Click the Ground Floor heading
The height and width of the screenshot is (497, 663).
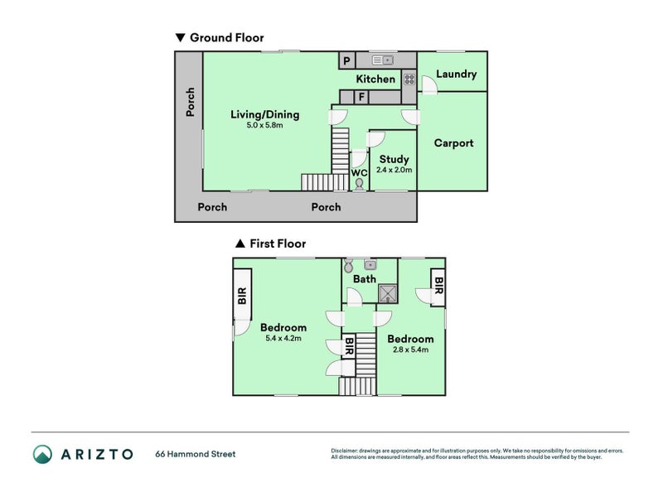[226, 37]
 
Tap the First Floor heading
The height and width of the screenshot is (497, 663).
[278, 244]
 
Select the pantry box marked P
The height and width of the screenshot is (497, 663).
[346, 60]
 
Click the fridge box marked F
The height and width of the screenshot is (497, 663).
[361, 97]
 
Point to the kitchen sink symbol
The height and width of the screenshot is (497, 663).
[383, 60]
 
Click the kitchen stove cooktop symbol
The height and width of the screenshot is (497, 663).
[409, 79]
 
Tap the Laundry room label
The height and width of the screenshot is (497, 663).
[457, 75]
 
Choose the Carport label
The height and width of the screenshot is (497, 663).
[453, 142]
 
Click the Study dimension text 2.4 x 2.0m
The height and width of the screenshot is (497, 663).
[394, 170]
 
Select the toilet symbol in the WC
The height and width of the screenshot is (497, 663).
[359, 184]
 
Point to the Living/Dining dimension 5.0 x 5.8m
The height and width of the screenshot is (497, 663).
[264, 125]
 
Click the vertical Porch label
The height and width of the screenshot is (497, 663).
[191, 102]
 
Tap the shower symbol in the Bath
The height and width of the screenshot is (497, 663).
[388, 294]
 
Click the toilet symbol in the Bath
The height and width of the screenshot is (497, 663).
[348, 265]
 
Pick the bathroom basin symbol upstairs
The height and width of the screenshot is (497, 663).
[370, 265]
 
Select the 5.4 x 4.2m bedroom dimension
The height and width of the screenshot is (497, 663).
[283, 338]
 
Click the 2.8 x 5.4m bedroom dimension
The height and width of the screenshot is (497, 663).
[410, 350]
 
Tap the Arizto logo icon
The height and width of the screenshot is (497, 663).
[43, 454]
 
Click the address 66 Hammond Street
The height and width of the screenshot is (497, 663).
[196, 454]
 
